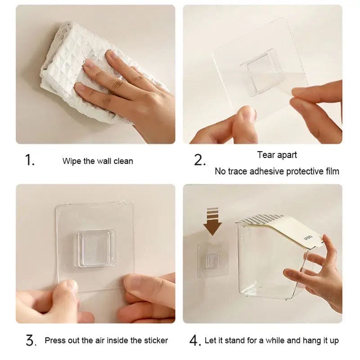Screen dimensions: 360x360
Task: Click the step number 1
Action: pyautogui.click(x=30, y=160)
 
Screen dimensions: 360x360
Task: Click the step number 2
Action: pyautogui.click(x=199, y=160)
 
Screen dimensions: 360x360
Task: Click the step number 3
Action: pyautogui.click(x=31, y=341)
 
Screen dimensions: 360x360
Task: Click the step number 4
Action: pyautogui.click(x=195, y=341)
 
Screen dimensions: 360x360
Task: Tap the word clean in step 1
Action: pyautogui.click(x=123, y=161)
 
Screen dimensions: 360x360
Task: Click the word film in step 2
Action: pyautogui.click(x=332, y=171)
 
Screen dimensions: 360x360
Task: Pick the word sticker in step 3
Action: pyautogui.click(x=156, y=340)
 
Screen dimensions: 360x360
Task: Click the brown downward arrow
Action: pyautogui.click(x=212, y=221)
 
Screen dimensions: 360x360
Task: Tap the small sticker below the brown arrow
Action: pyautogui.click(x=213, y=259)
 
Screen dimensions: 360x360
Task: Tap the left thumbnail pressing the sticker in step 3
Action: pyautogui.click(x=70, y=285)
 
